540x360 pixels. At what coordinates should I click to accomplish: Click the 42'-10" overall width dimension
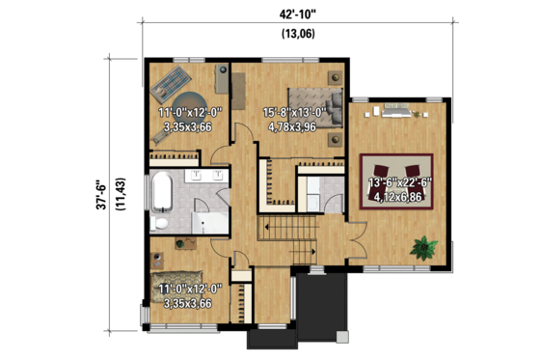[296, 14]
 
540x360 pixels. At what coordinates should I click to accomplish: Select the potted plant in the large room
[422, 247]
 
